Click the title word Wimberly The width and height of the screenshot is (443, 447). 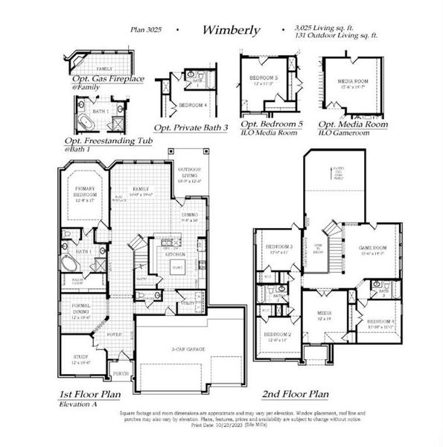point(230,31)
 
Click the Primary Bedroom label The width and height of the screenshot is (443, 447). point(86,194)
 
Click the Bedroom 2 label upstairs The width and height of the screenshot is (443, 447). point(276,337)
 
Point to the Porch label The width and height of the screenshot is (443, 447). point(121,374)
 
